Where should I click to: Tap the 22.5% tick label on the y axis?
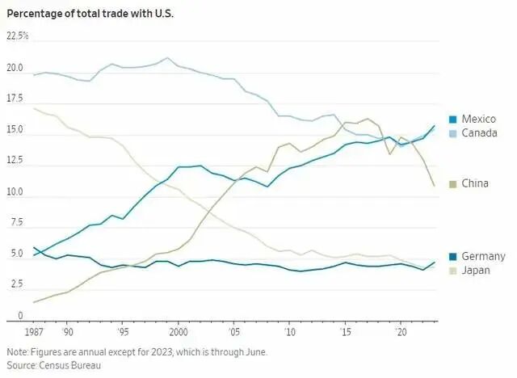click(18, 36)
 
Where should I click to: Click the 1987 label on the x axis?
click(33, 332)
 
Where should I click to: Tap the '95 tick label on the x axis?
click(122, 332)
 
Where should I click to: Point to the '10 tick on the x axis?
click(288, 332)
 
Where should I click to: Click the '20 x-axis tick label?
click(399, 332)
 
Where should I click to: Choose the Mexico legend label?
click(478, 120)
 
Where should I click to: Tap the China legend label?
click(475, 184)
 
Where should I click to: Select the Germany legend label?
click(483, 257)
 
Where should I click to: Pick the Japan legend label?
click(476, 270)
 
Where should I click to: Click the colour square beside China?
click(453, 184)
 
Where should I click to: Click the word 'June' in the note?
click(252, 352)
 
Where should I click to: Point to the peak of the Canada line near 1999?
click(167, 57)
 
